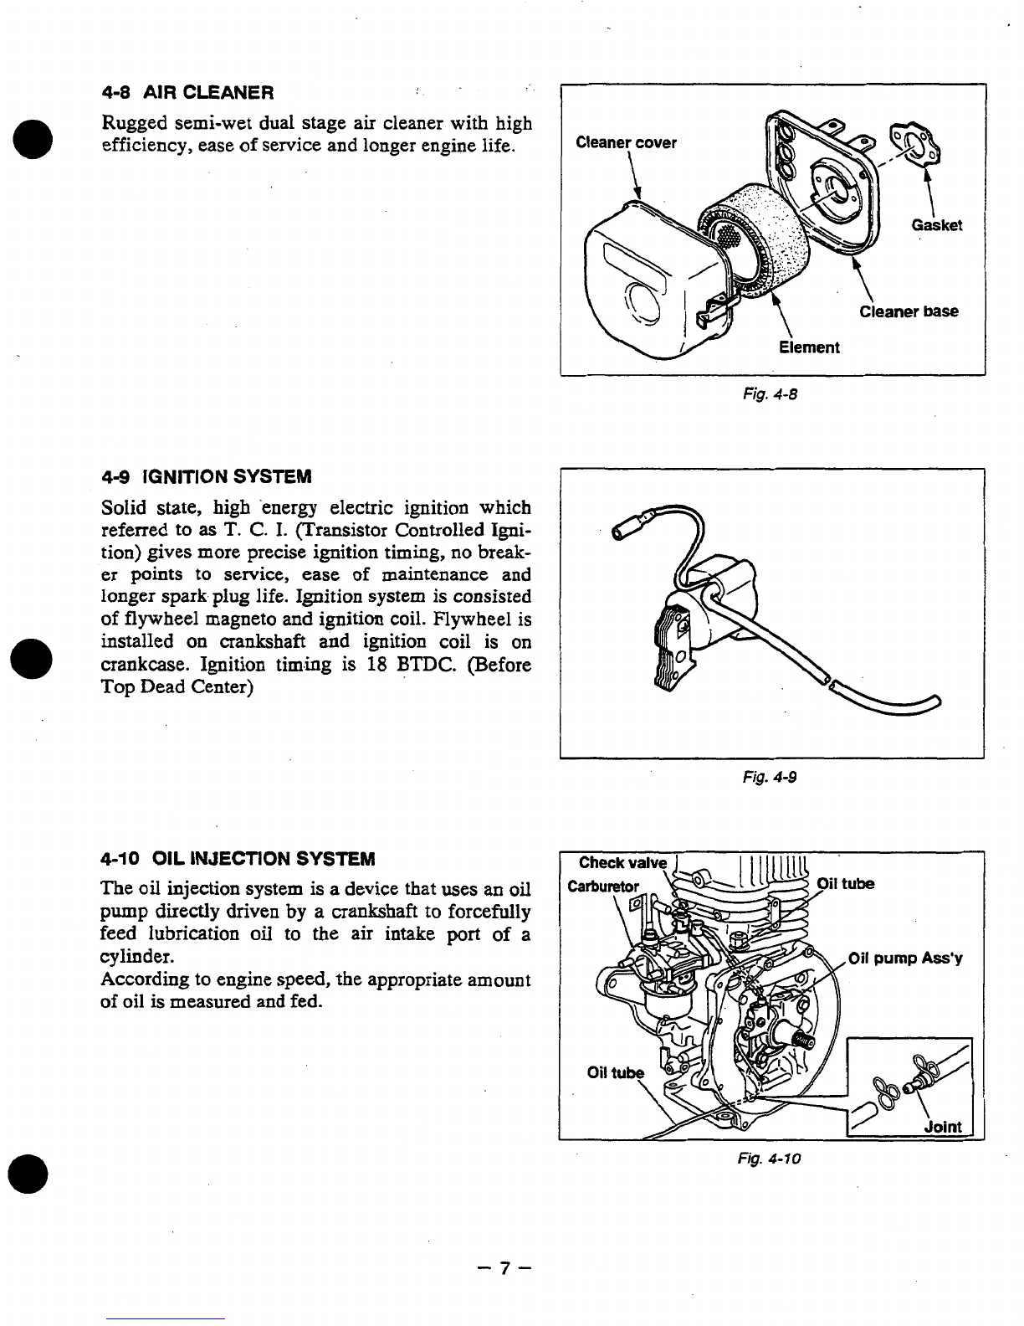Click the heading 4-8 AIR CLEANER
click(x=187, y=90)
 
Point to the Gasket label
click(x=937, y=225)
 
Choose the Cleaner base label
click(x=909, y=312)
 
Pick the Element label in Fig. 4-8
click(x=809, y=347)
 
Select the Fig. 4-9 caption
click(x=773, y=777)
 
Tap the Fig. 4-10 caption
click(x=771, y=1159)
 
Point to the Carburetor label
click(x=603, y=886)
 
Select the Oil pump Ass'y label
click(x=906, y=959)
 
